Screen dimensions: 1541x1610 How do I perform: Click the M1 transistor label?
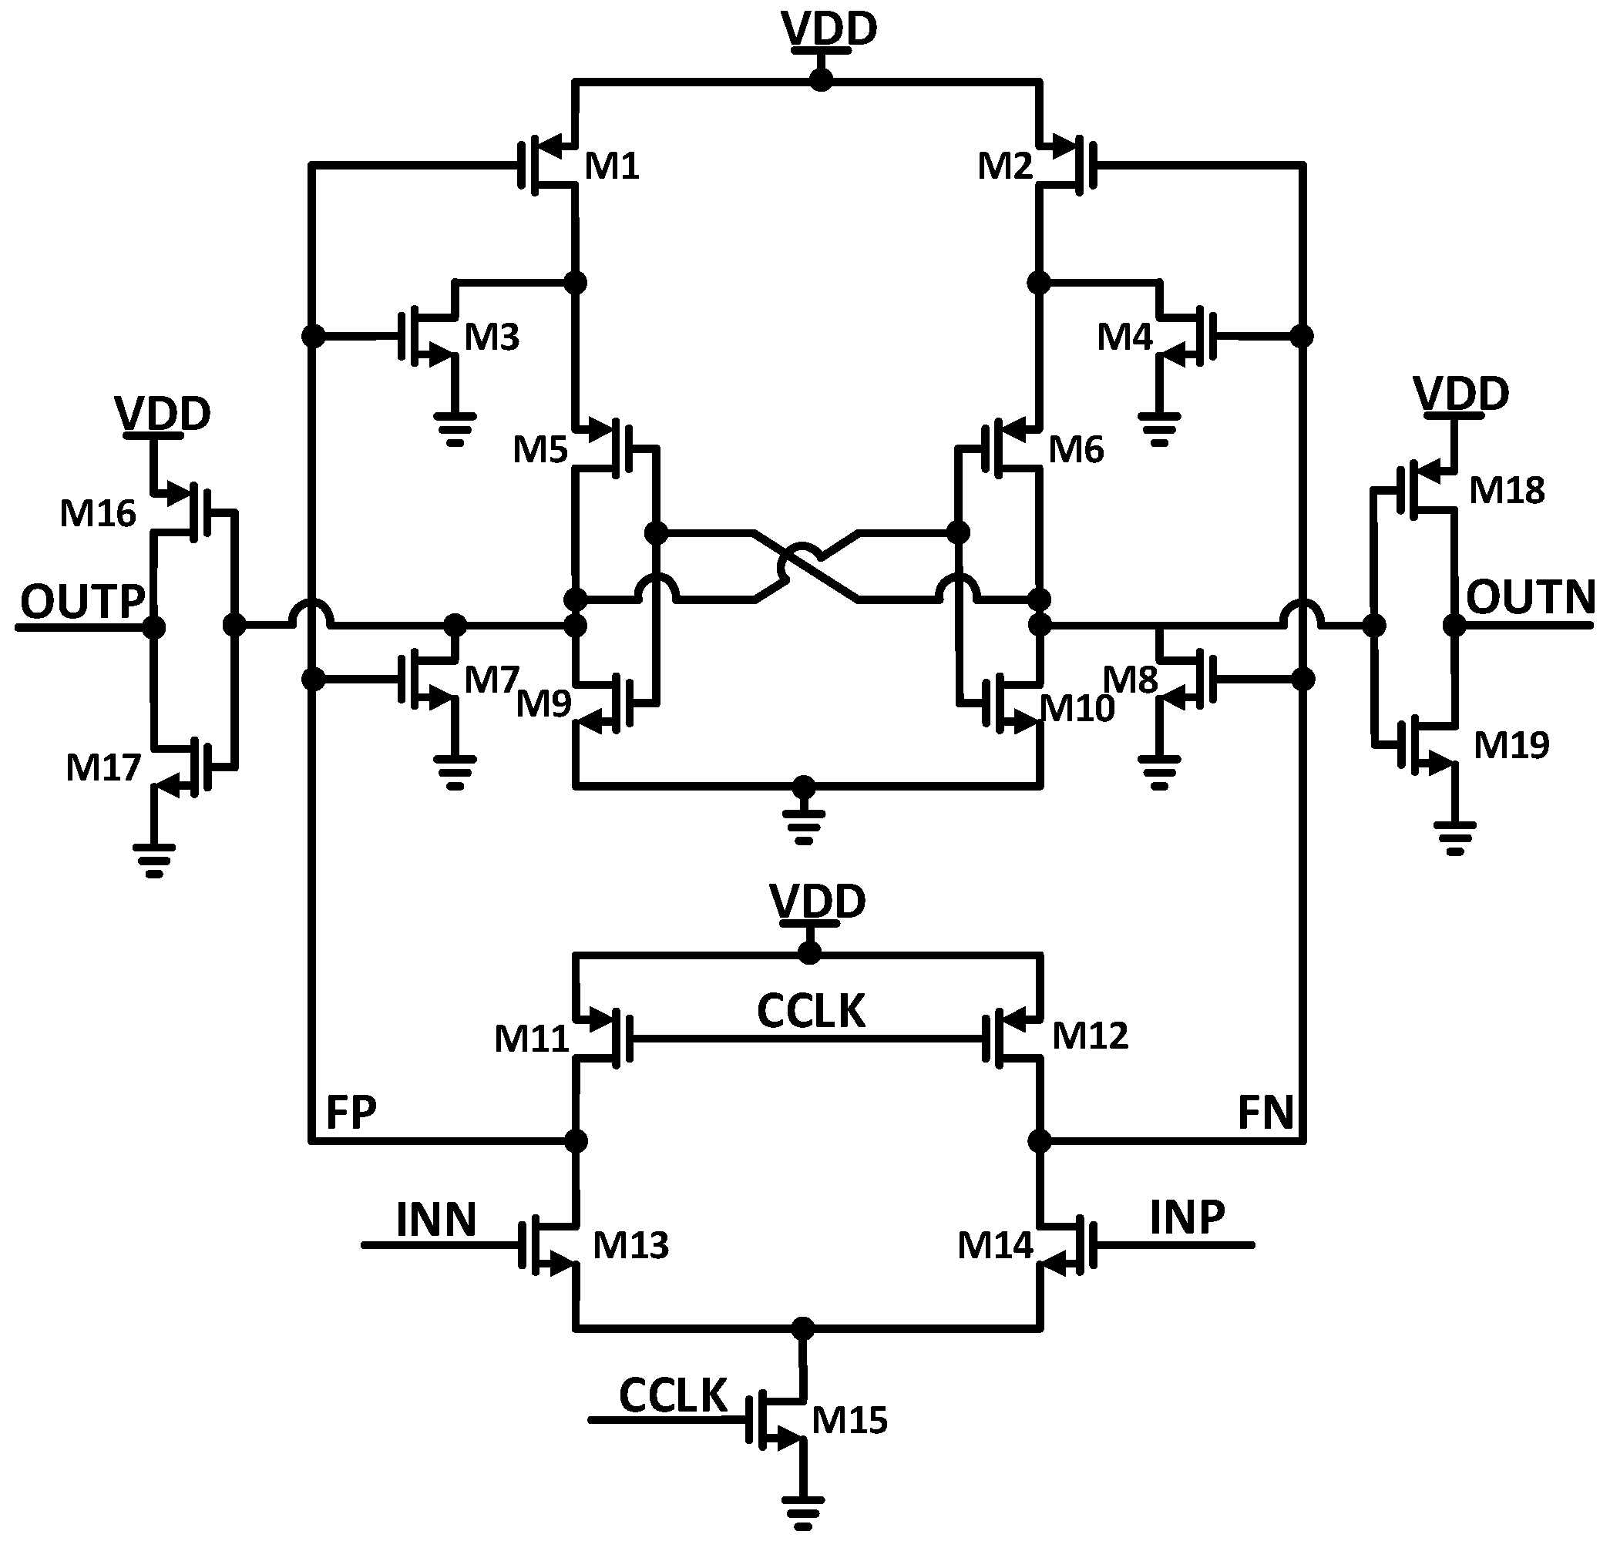click(611, 166)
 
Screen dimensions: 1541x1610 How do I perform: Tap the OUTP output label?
click(82, 602)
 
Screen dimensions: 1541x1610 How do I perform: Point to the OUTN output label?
click(1531, 597)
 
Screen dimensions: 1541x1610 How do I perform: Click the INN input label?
click(435, 1220)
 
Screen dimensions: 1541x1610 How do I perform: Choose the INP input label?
click(1187, 1217)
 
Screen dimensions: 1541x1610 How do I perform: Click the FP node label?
click(351, 1113)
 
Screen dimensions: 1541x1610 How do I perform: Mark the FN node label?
click(1265, 1114)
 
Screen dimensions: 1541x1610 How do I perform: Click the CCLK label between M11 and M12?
click(811, 1011)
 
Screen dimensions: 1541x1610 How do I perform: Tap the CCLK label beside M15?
click(673, 1395)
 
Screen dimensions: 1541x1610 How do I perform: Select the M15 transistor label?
click(849, 1420)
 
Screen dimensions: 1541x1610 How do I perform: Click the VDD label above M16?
click(163, 413)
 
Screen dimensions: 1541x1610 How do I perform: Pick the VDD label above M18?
click(1460, 394)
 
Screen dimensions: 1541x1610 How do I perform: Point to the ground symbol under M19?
click(1455, 837)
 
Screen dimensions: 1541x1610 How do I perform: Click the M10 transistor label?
click(1077, 709)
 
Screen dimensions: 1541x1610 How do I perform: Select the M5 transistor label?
click(539, 450)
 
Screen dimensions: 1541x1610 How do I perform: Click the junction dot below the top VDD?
click(820, 80)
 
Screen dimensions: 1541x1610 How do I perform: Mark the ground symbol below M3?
click(454, 428)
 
